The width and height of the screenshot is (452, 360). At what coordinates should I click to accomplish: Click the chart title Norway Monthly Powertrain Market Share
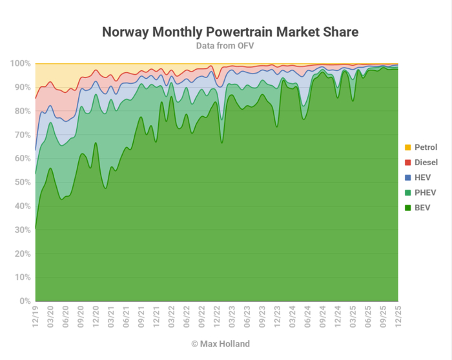(x=230, y=32)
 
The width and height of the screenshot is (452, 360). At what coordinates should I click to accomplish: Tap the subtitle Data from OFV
(x=230, y=46)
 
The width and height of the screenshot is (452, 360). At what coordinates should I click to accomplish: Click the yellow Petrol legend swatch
(x=407, y=148)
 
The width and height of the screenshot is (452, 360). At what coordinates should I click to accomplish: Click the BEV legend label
(x=424, y=208)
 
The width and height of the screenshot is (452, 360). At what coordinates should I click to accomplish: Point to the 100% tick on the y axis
(x=20, y=64)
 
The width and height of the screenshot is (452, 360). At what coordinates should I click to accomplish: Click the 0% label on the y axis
(x=25, y=301)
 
